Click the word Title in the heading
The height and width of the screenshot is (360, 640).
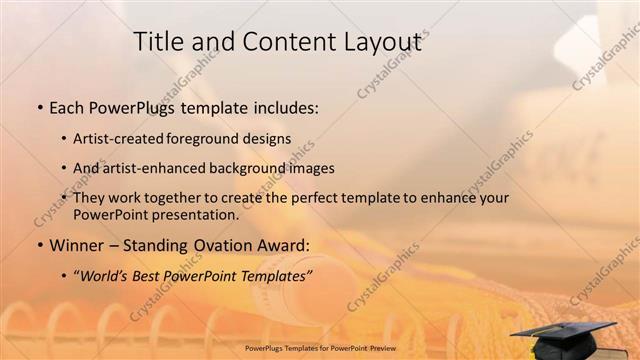[158, 41]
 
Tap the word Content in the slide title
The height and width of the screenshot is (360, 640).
[280, 41]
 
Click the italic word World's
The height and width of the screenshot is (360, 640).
[104, 275]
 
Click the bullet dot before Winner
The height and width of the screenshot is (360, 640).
[39, 245]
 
